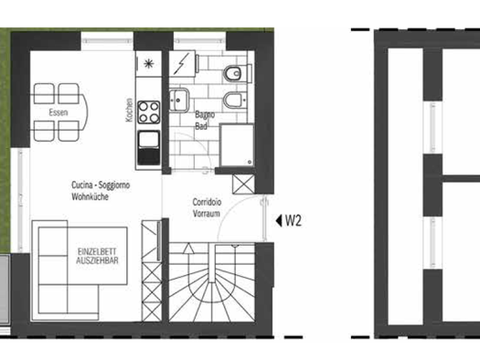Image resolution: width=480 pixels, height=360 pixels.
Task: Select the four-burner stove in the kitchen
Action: click(x=148, y=116)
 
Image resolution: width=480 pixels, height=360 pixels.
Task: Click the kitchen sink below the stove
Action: click(x=148, y=145)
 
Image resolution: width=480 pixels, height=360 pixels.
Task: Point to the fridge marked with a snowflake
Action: click(x=148, y=63)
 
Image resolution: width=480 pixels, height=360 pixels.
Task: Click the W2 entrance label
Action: click(x=293, y=220)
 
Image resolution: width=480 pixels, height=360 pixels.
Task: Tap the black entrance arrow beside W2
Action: click(x=276, y=220)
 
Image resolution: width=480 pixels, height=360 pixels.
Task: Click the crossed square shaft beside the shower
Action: click(x=243, y=182)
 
